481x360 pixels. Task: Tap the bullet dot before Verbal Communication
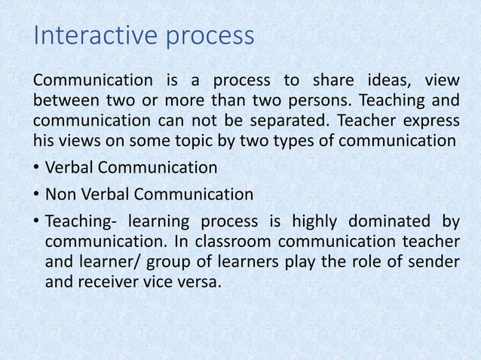36,168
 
